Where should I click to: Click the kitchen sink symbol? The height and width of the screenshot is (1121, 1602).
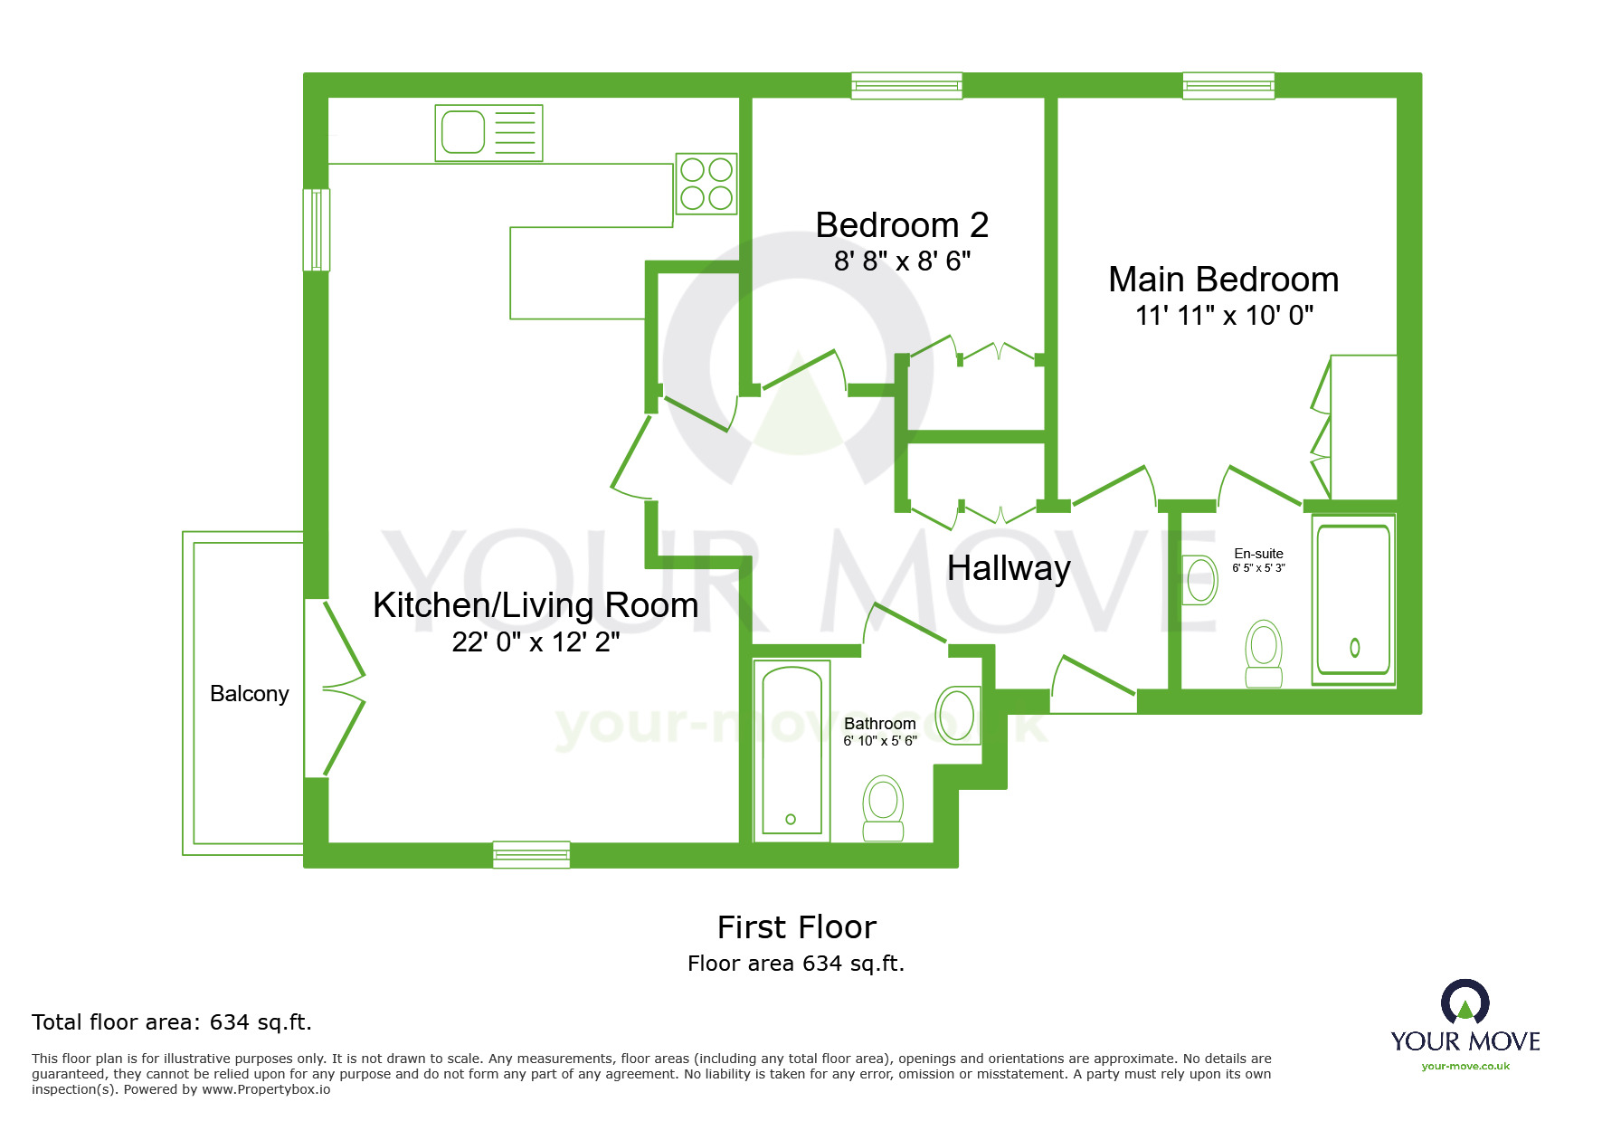[488, 133]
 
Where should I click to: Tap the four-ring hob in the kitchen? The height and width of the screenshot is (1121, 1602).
[706, 184]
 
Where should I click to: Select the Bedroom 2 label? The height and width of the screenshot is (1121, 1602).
[902, 225]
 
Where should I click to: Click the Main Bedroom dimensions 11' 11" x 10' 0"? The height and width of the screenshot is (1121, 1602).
[1224, 316]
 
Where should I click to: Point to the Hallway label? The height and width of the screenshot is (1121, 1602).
[1009, 568]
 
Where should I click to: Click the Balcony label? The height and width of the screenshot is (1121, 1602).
[249, 694]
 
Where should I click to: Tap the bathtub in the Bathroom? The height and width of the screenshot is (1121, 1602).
[792, 750]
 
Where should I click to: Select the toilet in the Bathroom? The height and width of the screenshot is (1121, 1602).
[883, 808]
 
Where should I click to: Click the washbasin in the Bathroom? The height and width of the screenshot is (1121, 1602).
[957, 716]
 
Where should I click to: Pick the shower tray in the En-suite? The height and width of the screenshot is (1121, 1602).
[1353, 600]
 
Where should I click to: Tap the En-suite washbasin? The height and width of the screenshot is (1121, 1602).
[1200, 580]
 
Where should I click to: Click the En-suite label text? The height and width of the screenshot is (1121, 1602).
[1258, 554]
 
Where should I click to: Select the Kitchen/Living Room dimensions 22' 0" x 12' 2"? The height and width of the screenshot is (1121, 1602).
[536, 642]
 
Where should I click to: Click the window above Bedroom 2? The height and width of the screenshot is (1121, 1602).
[906, 86]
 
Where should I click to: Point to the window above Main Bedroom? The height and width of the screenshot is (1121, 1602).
[1228, 86]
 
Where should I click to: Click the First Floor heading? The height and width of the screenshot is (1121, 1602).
[796, 927]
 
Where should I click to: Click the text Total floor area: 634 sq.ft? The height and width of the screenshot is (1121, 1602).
[172, 1022]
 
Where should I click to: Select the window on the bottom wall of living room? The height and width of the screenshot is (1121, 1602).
[531, 854]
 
